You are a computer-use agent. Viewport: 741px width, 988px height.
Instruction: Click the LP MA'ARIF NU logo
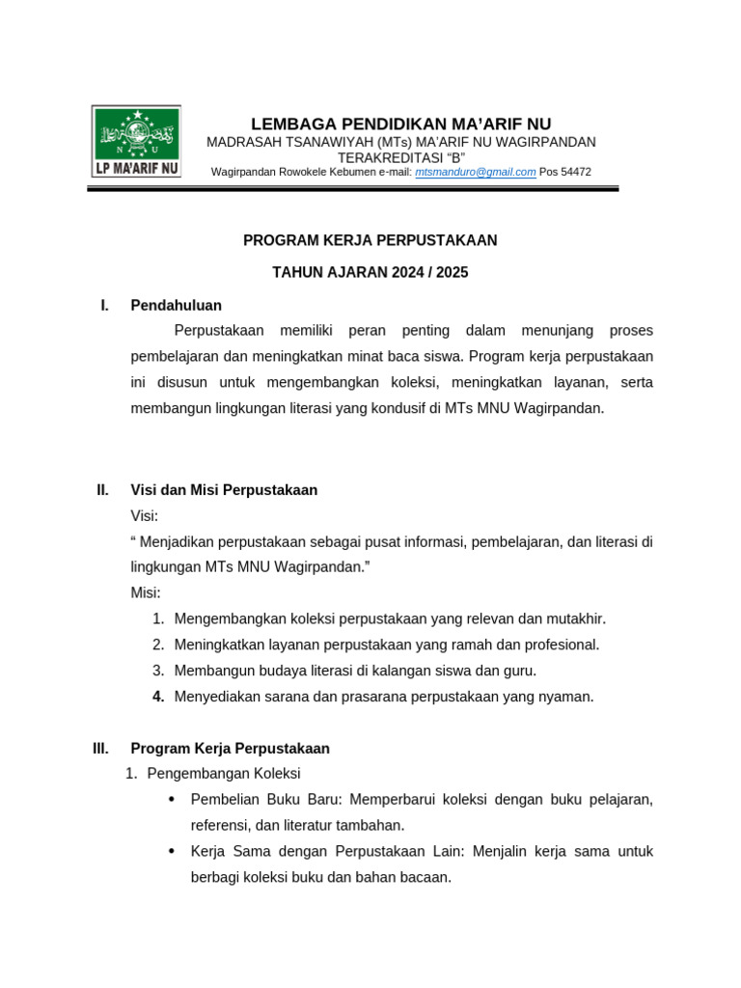pyautogui.click(x=136, y=141)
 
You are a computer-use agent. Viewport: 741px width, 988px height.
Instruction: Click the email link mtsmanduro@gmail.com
pyautogui.click(x=475, y=172)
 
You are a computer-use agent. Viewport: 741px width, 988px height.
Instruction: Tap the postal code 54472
pyautogui.click(x=575, y=172)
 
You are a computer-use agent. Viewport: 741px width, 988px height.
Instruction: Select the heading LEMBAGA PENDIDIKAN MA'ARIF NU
pyautogui.click(x=400, y=123)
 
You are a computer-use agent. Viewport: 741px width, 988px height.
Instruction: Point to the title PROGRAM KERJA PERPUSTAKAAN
pyautogui.click(x=370, y=240)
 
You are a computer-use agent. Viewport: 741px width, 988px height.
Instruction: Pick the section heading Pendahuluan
pyautogui.click(x=176, y=305)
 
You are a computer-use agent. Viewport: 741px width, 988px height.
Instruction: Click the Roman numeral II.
pyautogui.click(x=102, y=490)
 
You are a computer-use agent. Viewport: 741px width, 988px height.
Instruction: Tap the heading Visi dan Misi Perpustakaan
pyautogui.click(x=224, y=490)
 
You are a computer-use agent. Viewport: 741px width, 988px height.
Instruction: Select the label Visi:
pyautogui.click(x=145, y=516)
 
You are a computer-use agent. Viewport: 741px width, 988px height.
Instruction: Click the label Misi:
pyautogui.click(x=146, y=592)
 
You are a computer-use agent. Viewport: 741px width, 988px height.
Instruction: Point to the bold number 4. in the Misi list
pyautogui.click(x=159, y=697)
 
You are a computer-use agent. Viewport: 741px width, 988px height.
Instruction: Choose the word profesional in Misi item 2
pyautogui.click(x=559, y=645)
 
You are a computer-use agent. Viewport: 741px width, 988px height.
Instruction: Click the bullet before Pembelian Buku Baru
pyautogui.click(x=172, y=800)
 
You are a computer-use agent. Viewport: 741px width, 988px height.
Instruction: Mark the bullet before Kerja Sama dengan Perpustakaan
pyautogui.click(x=172, y=852)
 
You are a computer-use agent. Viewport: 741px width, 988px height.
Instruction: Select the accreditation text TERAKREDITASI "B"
pyautogui.click(x=401, y=157)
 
